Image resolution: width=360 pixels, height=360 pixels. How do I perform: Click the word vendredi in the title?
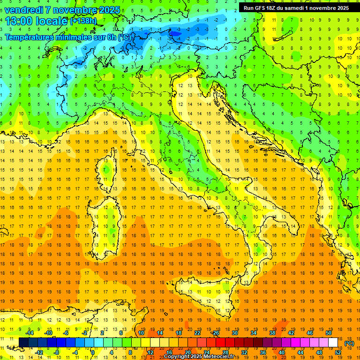(x=23, y=9)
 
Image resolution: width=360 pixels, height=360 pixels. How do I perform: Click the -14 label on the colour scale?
(x=29, y=333)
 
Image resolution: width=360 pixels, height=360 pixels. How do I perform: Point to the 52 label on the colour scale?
(x=338, y=352)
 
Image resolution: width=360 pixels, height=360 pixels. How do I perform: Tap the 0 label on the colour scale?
(x=92, y=352)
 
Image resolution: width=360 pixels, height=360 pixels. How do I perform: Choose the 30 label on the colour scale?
(x=235, y=333)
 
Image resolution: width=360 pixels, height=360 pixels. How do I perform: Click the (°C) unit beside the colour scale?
(x=349, y=343)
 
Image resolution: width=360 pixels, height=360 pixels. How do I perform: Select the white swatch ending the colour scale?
(x=333, y=343)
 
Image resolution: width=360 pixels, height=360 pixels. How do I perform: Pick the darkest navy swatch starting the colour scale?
(x=23, y=343)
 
